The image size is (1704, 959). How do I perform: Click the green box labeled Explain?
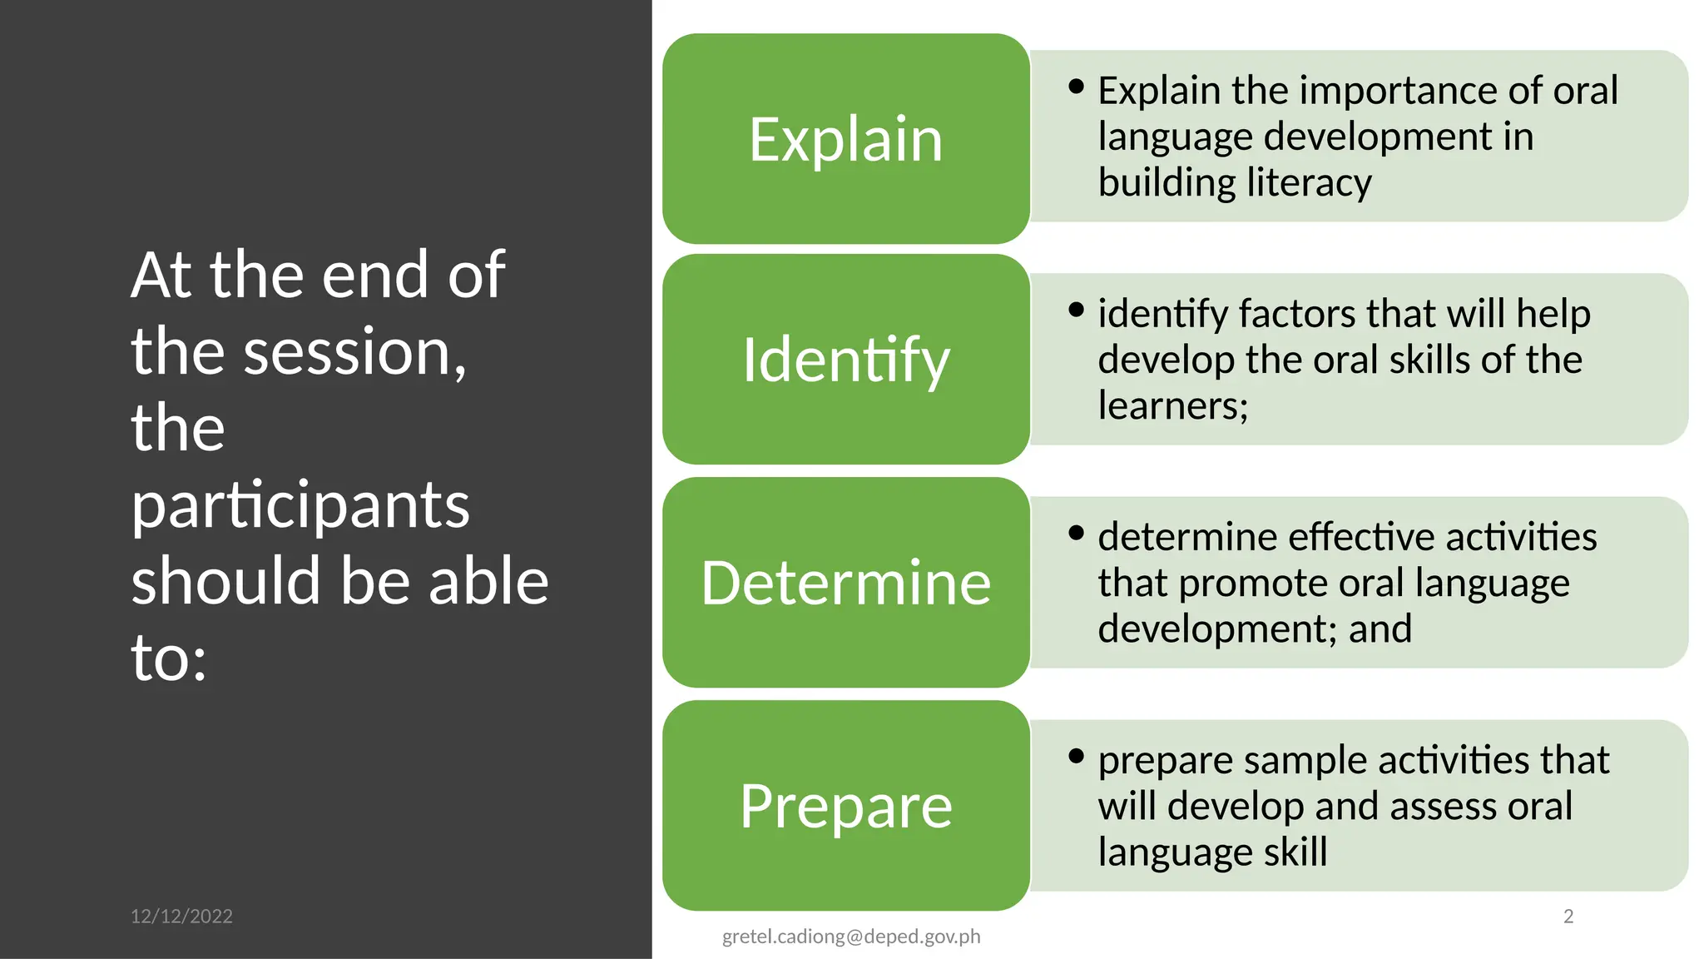coord(845,139)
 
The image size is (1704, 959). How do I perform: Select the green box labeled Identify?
coord(845,360)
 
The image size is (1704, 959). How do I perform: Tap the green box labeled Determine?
coord(845,583)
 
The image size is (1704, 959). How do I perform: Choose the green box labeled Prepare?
coord(845,806)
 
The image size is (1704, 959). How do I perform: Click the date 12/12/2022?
coord(181,917)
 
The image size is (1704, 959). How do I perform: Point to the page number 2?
coord(1568,917)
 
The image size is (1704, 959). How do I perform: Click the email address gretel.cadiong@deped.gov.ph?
coord(851,937)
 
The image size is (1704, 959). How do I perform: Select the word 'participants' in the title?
coord(300,505)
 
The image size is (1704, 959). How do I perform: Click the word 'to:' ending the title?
coord(169,658)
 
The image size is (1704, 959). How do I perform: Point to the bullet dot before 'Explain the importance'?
coord(1077,87)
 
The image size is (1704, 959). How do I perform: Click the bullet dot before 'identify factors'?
coord(1077,310)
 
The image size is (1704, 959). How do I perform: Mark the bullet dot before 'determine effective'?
coord(1077,533)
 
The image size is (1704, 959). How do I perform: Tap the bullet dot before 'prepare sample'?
coord(1077,756)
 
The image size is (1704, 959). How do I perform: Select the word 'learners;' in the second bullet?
coord(1173,406)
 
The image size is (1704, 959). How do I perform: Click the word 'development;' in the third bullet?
coord(1217,629)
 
